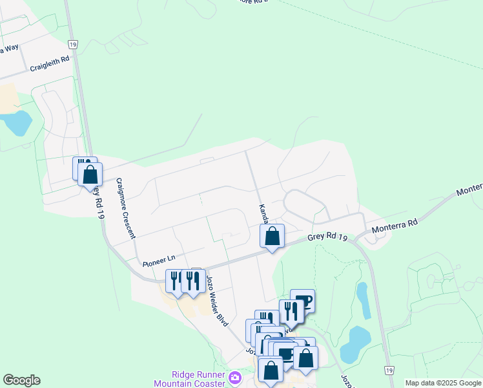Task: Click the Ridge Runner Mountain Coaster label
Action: (198, 379)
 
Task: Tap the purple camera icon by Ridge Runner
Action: (235, 378)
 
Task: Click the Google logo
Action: (21, 380)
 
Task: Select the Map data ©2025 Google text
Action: (444, 383)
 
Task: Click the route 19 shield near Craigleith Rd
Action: (73, 44)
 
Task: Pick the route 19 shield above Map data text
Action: (388, 370)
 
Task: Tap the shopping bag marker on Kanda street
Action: (272, 236)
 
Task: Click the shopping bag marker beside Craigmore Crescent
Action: (90, 174)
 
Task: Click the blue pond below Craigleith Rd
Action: (16, 122)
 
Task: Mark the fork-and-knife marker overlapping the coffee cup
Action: (291, 311)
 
